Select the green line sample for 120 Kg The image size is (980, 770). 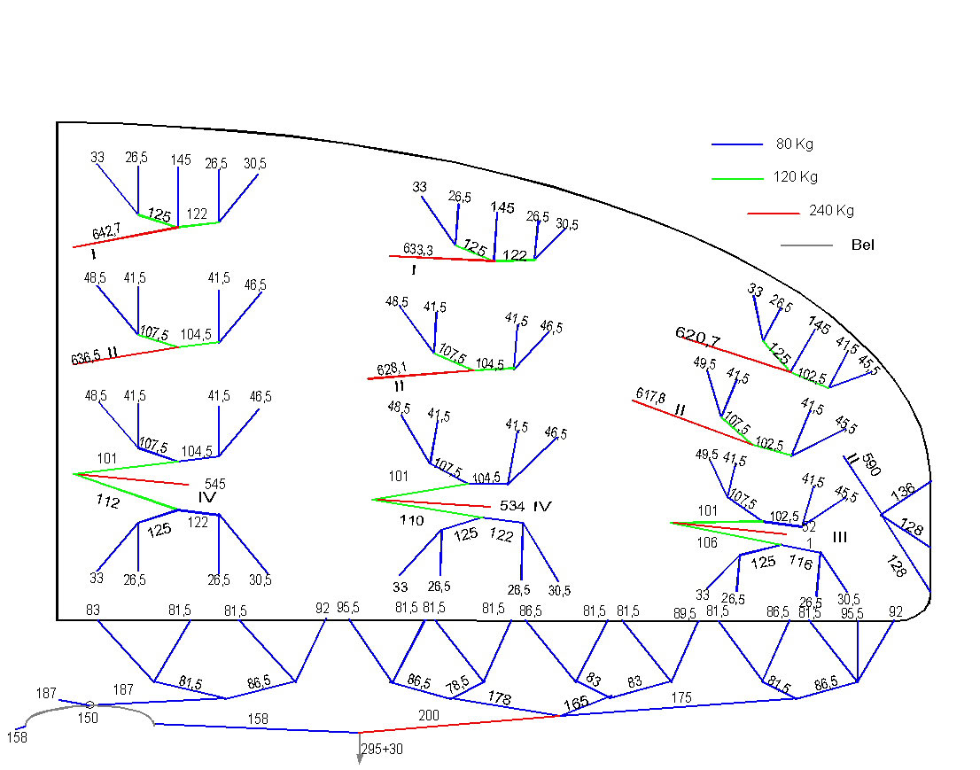737,179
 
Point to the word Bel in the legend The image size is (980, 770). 861,245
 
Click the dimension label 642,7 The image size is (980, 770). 105,232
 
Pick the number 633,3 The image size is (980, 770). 417,250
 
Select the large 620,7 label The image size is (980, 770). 698,336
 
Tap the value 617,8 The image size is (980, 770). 651,395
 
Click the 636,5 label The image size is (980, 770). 86,359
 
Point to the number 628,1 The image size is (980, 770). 392,368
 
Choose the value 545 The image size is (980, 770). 215,484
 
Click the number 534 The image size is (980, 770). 512,506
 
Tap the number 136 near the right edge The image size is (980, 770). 902,492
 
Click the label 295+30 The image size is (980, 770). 382,749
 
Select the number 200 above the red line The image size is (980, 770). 429,714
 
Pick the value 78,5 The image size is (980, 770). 457,686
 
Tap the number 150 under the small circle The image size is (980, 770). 88,718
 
